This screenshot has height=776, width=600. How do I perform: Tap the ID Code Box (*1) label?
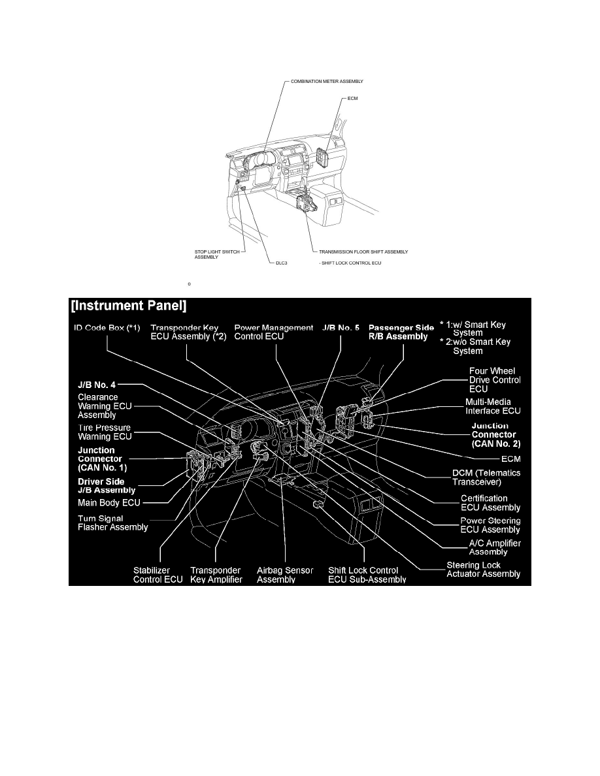[106, 327]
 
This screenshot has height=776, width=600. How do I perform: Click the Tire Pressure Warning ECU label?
[104, 432]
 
